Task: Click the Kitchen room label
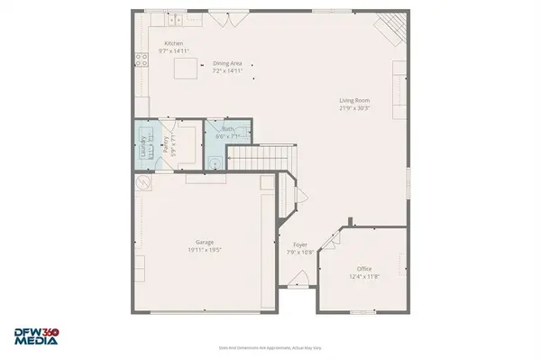(x=173, y=43)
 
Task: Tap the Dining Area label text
(x=227, y=63)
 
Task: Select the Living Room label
(x=354, y=100)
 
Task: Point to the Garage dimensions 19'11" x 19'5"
(x=205, y=249)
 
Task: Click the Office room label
(x=363, y=268)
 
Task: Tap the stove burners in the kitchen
(x=141, y=60)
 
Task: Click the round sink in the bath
(x=215, y=162)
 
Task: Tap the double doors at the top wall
(x=224, y=12)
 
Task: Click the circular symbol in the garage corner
(x=142, y=181)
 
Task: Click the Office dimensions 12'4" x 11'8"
(x=363, y=276)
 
